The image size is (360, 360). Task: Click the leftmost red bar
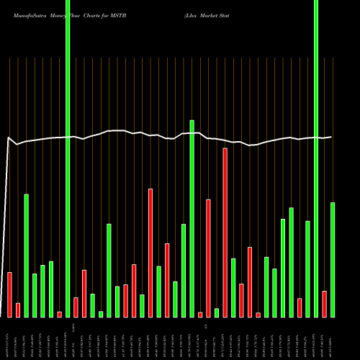pyautogui.click(x=10, y=294)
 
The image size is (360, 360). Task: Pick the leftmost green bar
pyautogui.click(x=27, y=256)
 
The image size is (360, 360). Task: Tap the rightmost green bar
pyautogui.click(x=333, y=259)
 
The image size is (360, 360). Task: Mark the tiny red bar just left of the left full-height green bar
pyautogui.click(x=60, y=314)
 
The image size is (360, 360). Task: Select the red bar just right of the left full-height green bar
pyautogui.click(x=76, y=307)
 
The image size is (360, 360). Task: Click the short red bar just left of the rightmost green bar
pyautogui.click(x=325, y=304)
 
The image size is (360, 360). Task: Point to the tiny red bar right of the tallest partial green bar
pyautogui.click(x=200, y=314)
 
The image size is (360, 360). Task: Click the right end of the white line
pyautogui.click(x=331, y=137)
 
